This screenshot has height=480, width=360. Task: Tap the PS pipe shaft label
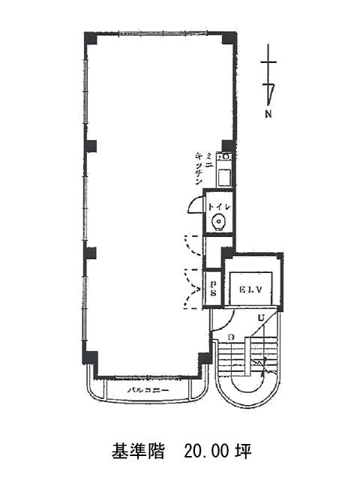point(213,289)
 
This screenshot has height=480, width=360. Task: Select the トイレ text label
point(218,203)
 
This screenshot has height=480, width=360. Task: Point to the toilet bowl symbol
point(218,221)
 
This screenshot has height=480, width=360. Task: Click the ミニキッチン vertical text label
point(199,169)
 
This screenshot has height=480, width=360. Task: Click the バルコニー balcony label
point(147,391)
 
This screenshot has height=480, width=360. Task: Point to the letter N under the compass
point(268,115)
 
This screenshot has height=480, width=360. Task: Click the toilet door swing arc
point(194,204)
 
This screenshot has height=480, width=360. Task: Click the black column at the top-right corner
point(229,37)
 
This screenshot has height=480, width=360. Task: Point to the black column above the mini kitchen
point(228,145)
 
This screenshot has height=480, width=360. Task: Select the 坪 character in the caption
point(242,452)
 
